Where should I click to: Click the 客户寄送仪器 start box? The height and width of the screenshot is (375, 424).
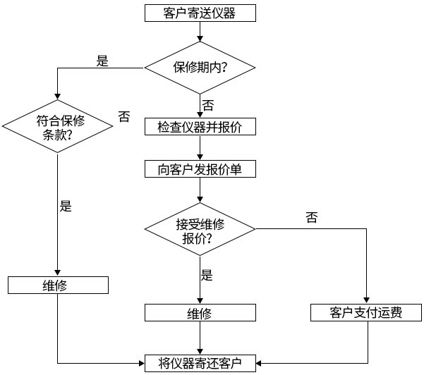(x=200, y=13)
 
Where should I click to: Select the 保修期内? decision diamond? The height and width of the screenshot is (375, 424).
(x=200, y=68)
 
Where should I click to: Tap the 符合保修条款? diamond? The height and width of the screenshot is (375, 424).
(x=58, y=127)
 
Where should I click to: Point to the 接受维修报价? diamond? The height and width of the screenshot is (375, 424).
(x=200, y=230)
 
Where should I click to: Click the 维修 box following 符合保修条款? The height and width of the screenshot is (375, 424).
(x=58, y=285)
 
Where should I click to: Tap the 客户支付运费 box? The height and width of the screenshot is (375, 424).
(x=367, y=313)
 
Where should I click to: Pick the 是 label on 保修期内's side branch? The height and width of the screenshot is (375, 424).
(x=102, y=61)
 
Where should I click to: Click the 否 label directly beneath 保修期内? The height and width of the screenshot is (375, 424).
(x=208, y=105)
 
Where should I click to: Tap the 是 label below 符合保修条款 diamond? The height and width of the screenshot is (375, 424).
(x=66, y=207)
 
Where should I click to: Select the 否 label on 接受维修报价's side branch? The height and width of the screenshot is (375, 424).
(x=312, y=218)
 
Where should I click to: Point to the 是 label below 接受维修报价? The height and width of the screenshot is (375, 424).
(x=207, y=276)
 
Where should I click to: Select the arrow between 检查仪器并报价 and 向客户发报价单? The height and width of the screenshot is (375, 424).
(x=200, y=148)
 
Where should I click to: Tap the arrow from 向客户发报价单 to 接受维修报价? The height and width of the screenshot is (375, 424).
(x=200, y=191)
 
